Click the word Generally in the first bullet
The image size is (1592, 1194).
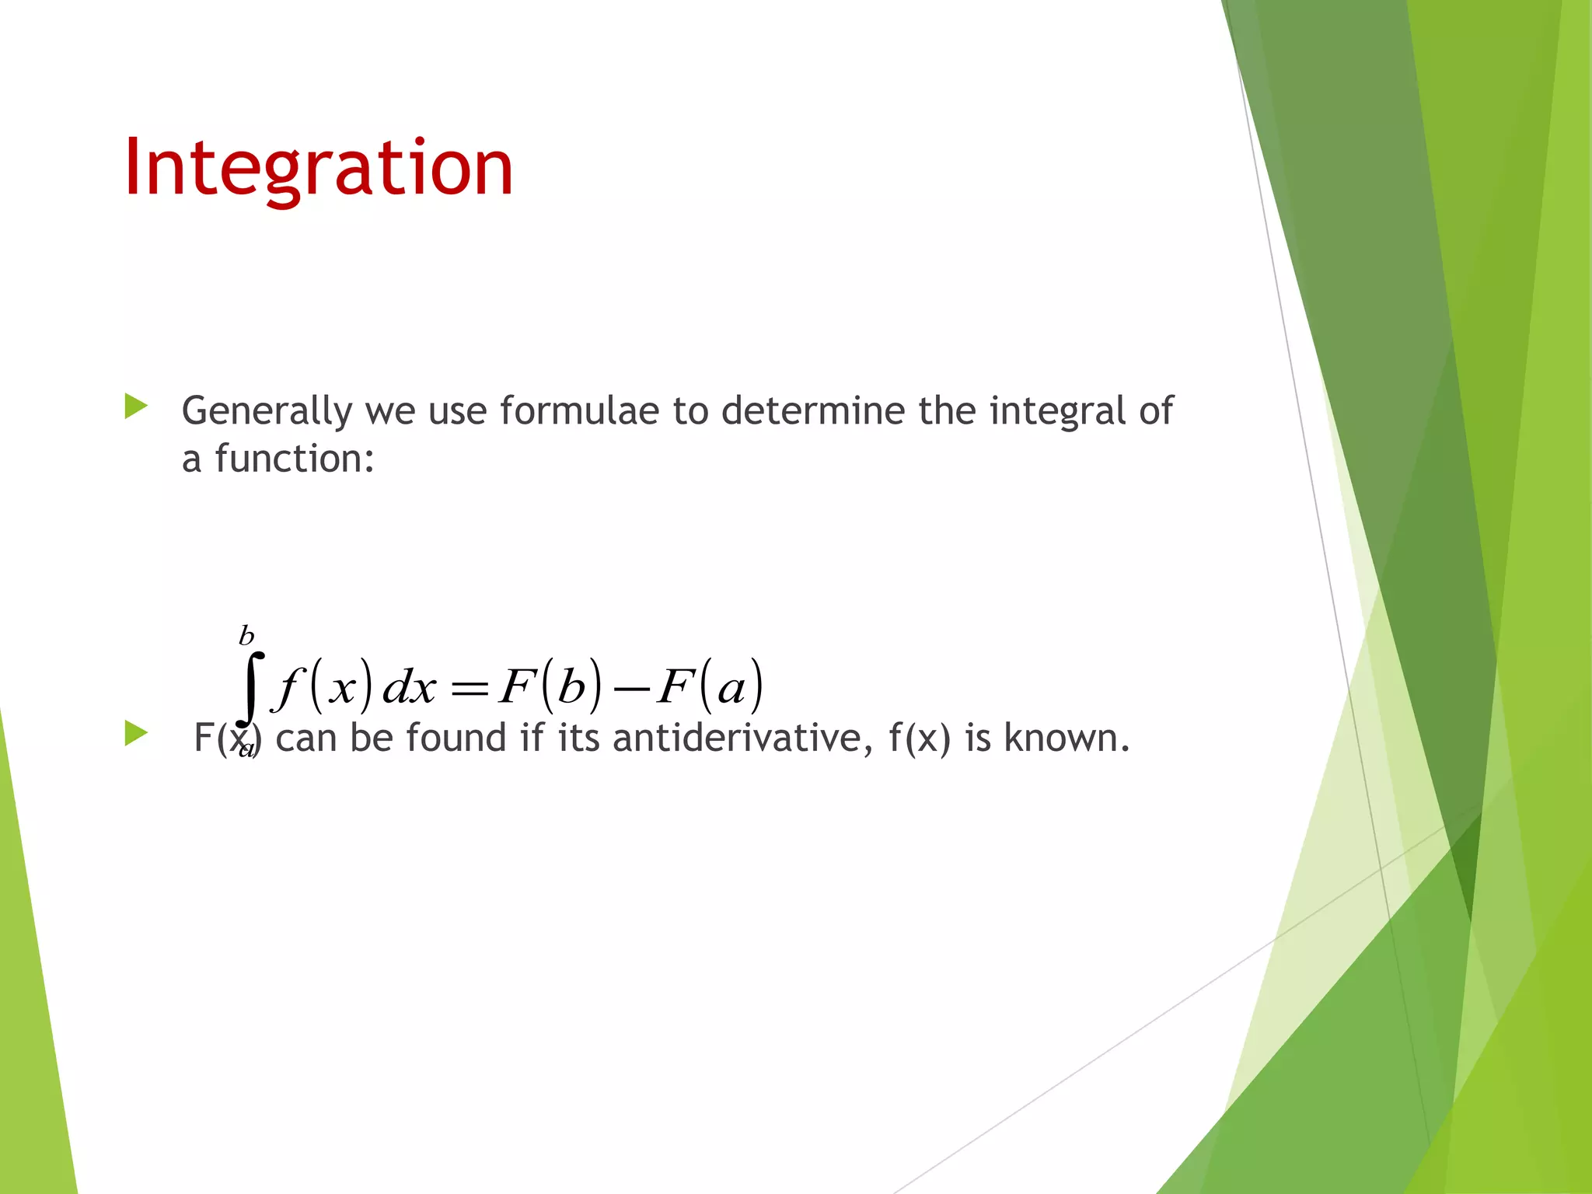point(267,411)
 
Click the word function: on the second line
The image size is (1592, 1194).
point(295,458)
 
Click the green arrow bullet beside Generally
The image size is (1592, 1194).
point(136,406)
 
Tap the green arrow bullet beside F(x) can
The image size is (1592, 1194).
point(136,733)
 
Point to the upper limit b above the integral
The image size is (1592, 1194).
point(246,636)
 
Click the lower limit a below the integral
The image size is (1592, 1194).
point(246,749)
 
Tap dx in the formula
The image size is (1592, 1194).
point(409,687)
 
